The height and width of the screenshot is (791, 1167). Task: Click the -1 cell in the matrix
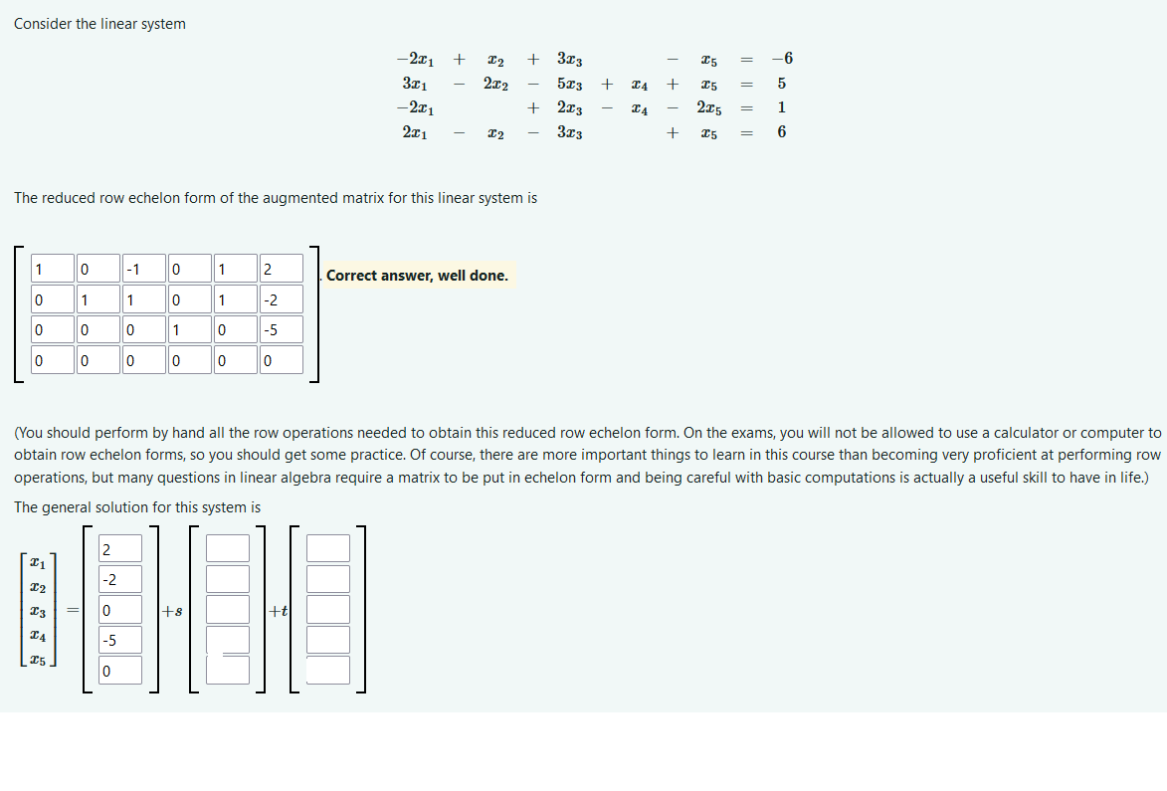pos(142,270)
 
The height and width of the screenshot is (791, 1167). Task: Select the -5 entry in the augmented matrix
pos(281,330)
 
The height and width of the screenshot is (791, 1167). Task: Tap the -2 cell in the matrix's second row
pos(281,300)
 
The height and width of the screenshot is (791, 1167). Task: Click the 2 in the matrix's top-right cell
pos(281,270)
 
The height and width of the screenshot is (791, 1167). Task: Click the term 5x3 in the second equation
pos(569,84)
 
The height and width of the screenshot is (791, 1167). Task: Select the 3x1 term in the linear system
pos(414,84)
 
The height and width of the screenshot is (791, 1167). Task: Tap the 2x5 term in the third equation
pos(709,108)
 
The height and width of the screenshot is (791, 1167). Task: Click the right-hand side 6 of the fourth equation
pos(782,132)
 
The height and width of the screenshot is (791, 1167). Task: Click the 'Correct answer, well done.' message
pos(417,276)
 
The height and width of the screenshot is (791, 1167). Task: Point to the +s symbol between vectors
pos(173,611)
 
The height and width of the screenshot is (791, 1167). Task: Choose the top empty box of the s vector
pos(228,548)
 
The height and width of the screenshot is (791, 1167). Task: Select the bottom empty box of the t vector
pos(328,670)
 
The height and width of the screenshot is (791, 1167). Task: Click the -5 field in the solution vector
pos(120,640)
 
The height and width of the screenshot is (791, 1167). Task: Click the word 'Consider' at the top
pos(43,24)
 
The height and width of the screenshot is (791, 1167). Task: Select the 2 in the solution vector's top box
pos(120,548)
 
